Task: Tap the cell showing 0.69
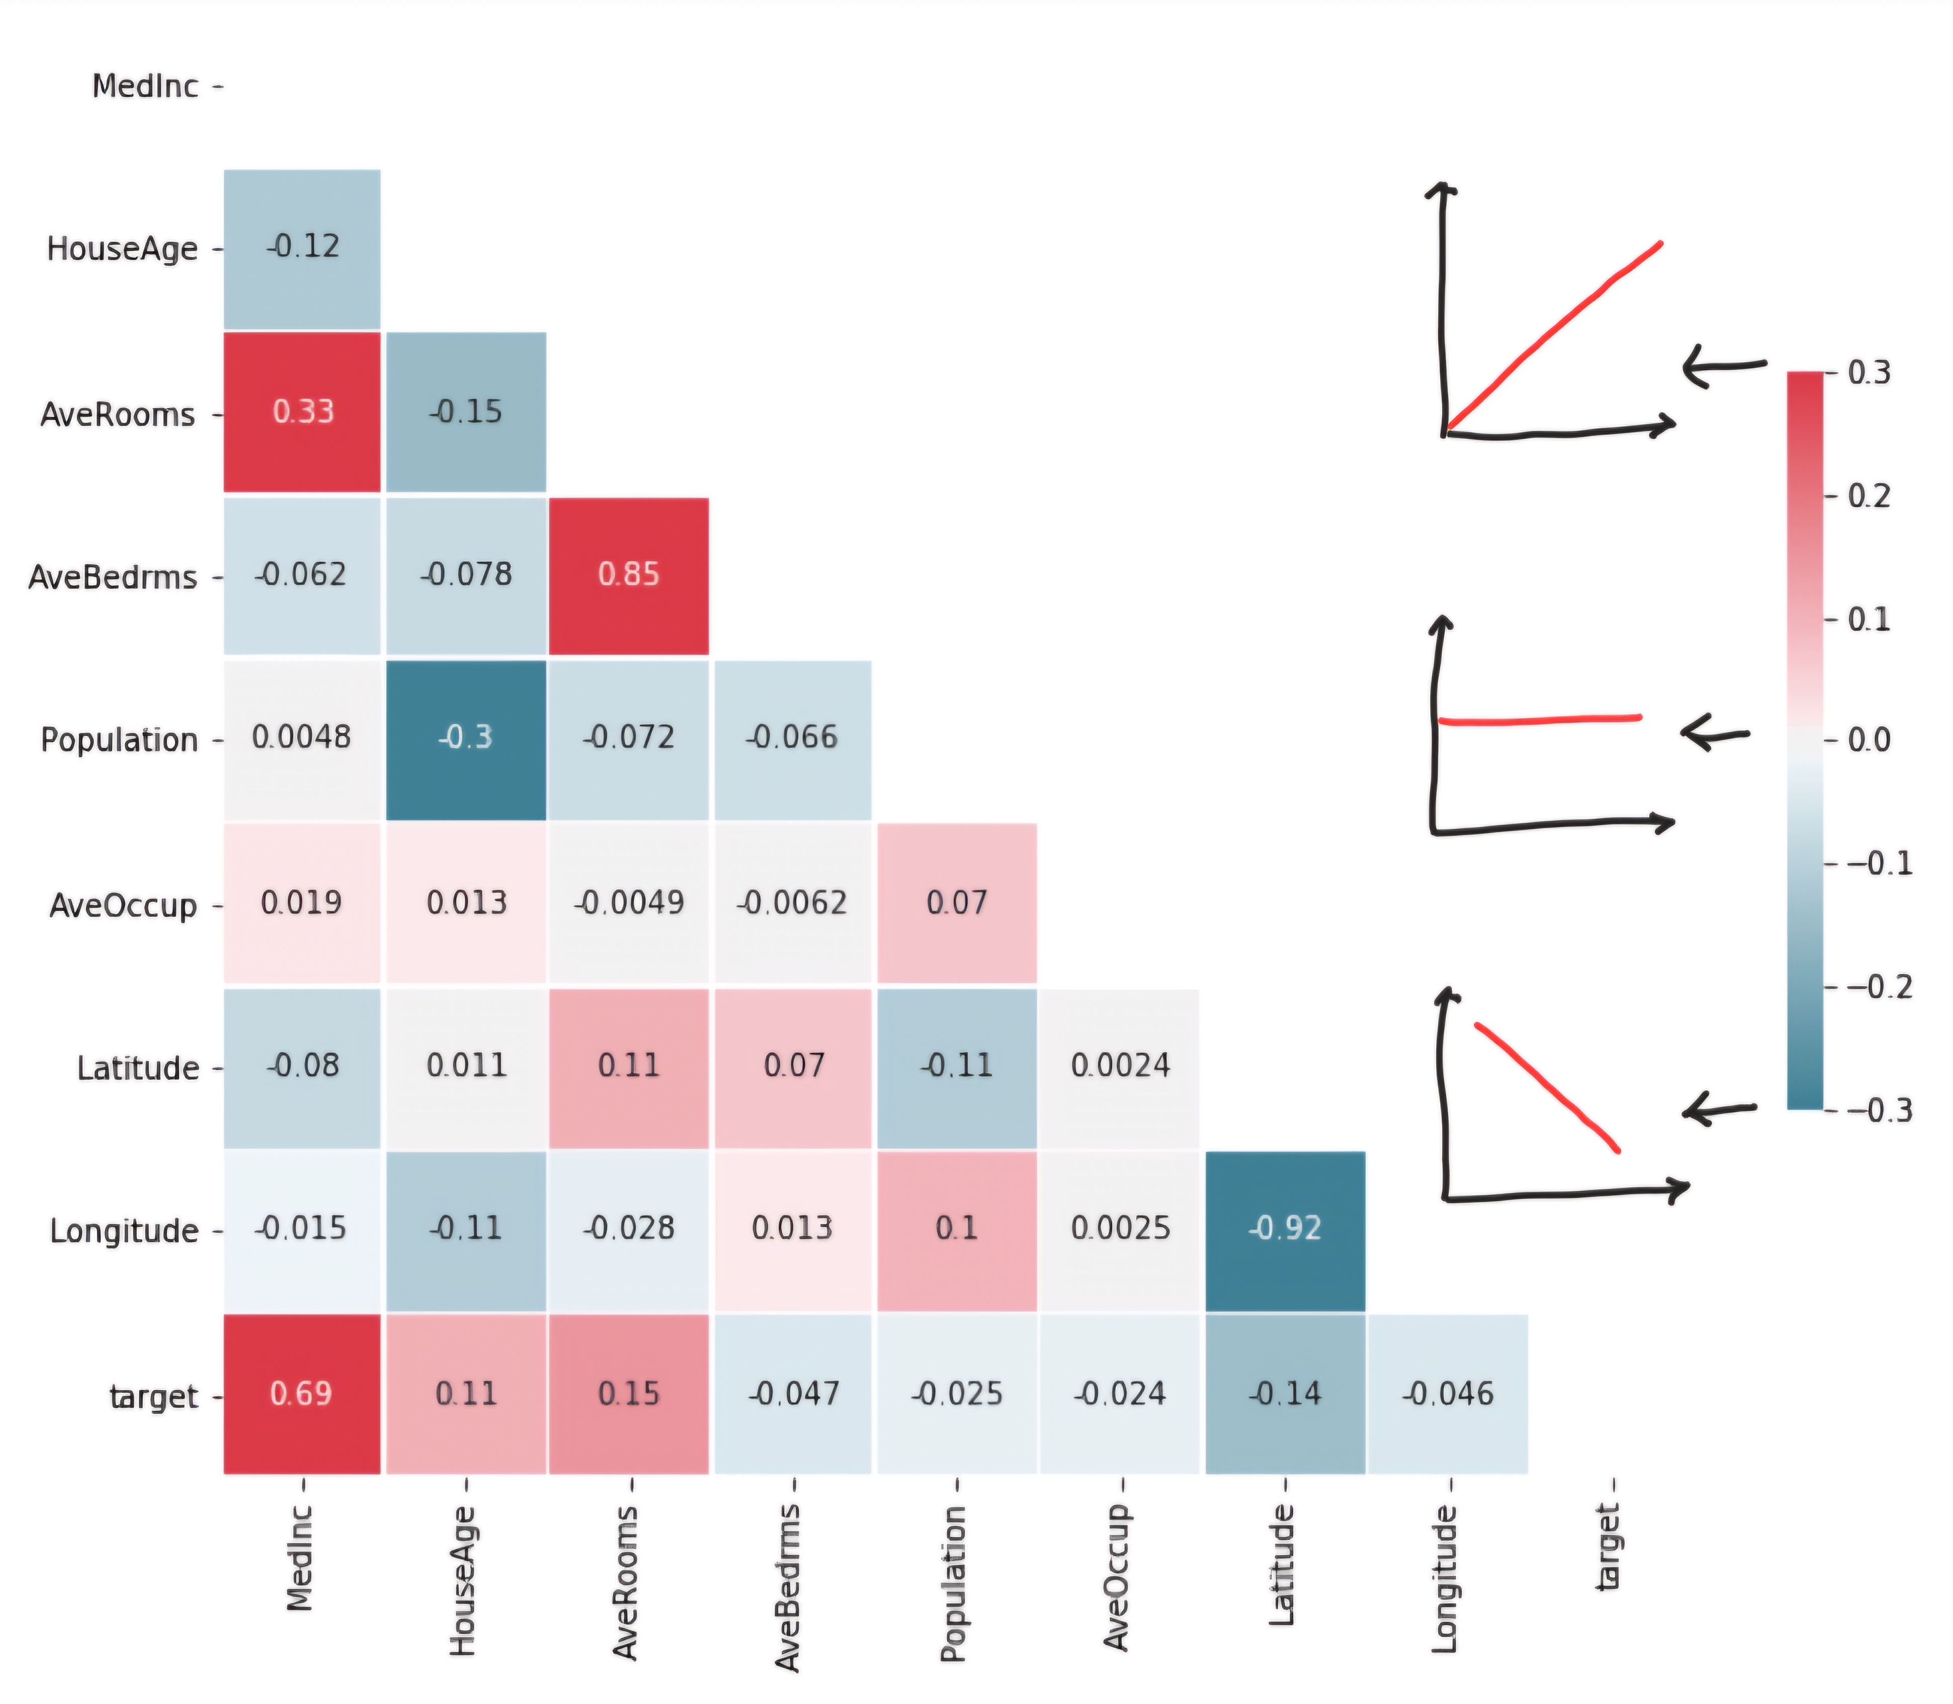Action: pyautogui.click(x=301, y=1394)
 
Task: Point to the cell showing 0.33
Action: pyautogui.click(x=301, y=412)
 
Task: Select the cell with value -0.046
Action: pyautogui.click(x=1447, y=1394)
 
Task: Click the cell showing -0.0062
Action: pyautogui.click(x=792, y=902)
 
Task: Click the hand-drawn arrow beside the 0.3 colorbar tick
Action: pyautogui.click(x=1723, y=367)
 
